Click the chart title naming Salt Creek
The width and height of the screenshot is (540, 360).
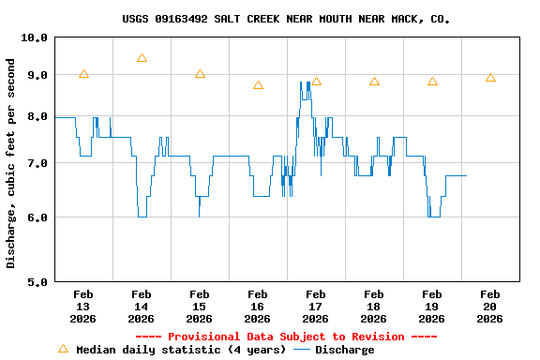(286, 19)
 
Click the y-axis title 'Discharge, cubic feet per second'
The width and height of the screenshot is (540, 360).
(11, 163)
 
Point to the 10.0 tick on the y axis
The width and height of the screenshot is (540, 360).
(35, 37)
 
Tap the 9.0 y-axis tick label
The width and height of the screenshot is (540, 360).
(35, 75)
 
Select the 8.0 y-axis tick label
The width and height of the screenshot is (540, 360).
(35, 117)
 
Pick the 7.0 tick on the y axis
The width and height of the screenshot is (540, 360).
(35, 164)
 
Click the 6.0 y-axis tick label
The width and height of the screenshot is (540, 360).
(35, 217)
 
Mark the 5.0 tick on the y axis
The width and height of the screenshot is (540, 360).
(35, 281)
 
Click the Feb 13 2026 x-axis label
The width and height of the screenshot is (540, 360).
(83, 307)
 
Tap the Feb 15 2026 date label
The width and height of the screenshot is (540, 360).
(200, 307)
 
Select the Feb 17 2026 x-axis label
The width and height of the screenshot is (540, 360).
(316, 307)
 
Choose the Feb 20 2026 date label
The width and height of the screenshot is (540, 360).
(490, 307)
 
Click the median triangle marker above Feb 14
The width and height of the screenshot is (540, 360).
(142, 58)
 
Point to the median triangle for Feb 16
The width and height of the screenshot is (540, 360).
(258, 85)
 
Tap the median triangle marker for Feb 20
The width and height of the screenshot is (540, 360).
(490, 78)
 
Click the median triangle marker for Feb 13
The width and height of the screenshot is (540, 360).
(83, 74)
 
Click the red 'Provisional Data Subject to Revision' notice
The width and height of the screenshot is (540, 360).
(286, 337)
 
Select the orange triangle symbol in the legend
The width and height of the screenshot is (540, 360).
(64, 349)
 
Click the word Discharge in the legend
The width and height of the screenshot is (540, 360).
(344, 350)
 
